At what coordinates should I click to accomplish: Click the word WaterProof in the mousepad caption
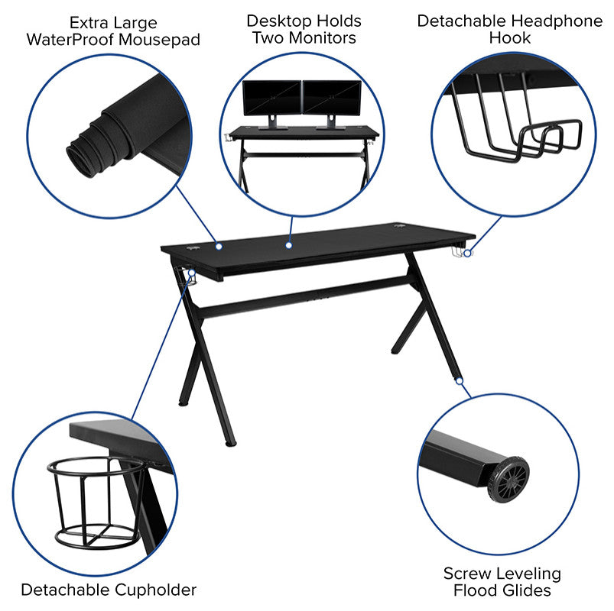[70, 40]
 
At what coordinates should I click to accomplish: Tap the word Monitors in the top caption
[323, 38]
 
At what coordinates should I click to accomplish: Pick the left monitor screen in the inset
[271, 98]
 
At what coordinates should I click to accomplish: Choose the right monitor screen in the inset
[332, 98]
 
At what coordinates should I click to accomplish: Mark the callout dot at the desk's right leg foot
[460, 380]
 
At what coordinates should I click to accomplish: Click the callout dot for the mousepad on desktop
[219, 246]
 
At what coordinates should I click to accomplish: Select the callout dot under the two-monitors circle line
[288, 245]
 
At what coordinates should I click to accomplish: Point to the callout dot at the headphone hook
[467, 253]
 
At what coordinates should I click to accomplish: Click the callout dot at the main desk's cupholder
[191, 273]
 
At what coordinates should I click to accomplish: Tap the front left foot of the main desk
[230, 443]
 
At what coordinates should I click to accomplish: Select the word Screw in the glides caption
[463, 574]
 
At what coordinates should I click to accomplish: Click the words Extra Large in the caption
[113, 23]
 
